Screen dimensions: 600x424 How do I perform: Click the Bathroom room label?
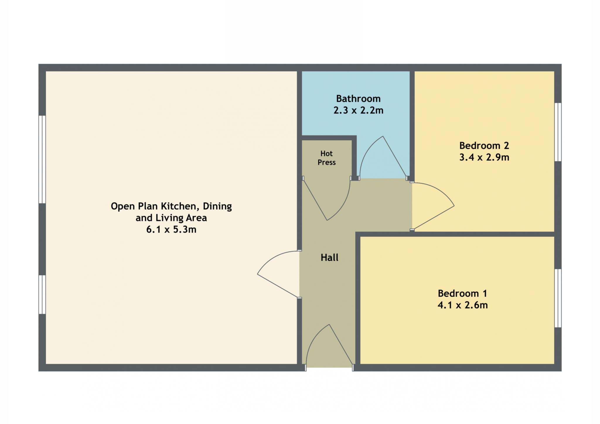click(x=358, y=99)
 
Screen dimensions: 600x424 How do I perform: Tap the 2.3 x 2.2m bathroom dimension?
click(x=358, y=110)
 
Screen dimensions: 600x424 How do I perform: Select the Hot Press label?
click(x=327, y=158)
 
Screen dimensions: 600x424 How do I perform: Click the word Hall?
click(x=329, y=257)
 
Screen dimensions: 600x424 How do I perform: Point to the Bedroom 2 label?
click(x=484, y=146)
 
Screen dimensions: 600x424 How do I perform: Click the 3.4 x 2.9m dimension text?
click(x=484, y=157)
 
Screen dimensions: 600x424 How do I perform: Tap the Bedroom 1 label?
click(x=462, y=293)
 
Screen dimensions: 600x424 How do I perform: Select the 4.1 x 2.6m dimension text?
click(x=463, y=305)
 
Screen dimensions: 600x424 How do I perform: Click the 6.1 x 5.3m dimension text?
click(x=171, y=229)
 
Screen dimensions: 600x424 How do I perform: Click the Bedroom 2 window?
click(x=558, y=132)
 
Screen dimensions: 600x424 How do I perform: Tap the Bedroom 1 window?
click(x=558, y=298)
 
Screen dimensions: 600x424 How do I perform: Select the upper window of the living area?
click(x=42, y=159)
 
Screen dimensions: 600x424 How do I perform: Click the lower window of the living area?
click(x=42, y=295)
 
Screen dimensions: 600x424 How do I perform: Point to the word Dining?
click(x=217, y=206)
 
